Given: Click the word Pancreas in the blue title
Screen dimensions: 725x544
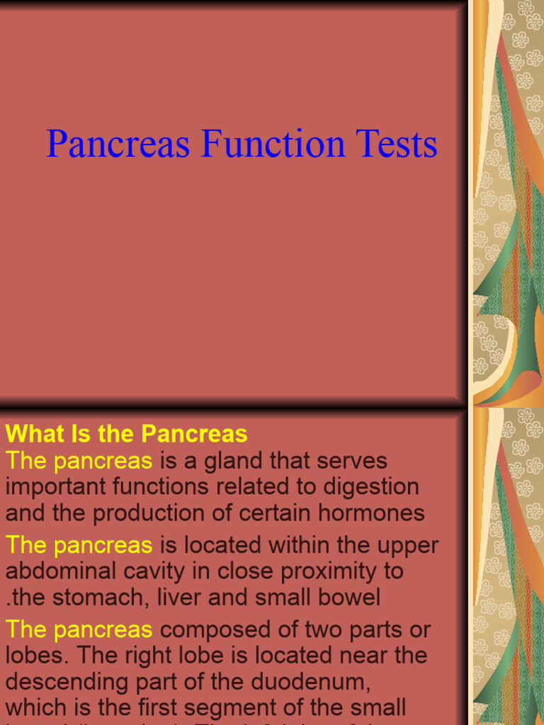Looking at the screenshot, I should point(118,144).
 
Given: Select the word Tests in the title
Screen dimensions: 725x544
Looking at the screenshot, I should point(397,144).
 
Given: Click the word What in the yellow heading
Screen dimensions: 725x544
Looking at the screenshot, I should point(35,433).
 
